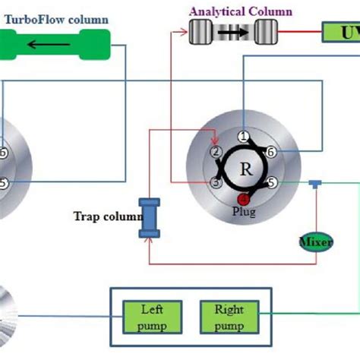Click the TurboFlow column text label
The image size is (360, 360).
tap(56, 18)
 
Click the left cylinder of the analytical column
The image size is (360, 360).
tap(203, 33)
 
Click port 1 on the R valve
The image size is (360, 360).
tap(243, 137)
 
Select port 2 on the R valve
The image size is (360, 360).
tap(216, 152)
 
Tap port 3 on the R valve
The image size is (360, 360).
tap(216, 183)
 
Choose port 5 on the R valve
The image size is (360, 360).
tap(270, 183)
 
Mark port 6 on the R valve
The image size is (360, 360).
tap(270, 152)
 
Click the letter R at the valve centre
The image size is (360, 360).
tap(244, 168)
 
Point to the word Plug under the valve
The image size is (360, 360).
tap(244, 212)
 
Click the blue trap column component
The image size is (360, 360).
tap(149, 216)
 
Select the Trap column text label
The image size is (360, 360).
tap(107, 216)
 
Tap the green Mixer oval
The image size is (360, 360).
tap(314, 242)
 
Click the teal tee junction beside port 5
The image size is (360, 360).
tap(314, 185)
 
